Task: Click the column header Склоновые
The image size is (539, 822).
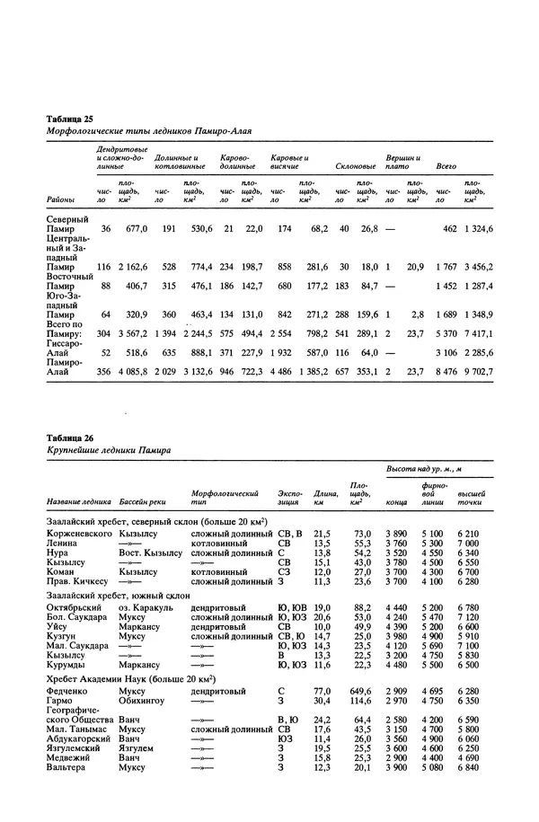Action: click(355, 166)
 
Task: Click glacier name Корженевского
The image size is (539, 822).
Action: click(76, 534)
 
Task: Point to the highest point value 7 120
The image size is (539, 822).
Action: click(470, 618)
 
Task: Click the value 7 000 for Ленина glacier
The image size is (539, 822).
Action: click(470, 544)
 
